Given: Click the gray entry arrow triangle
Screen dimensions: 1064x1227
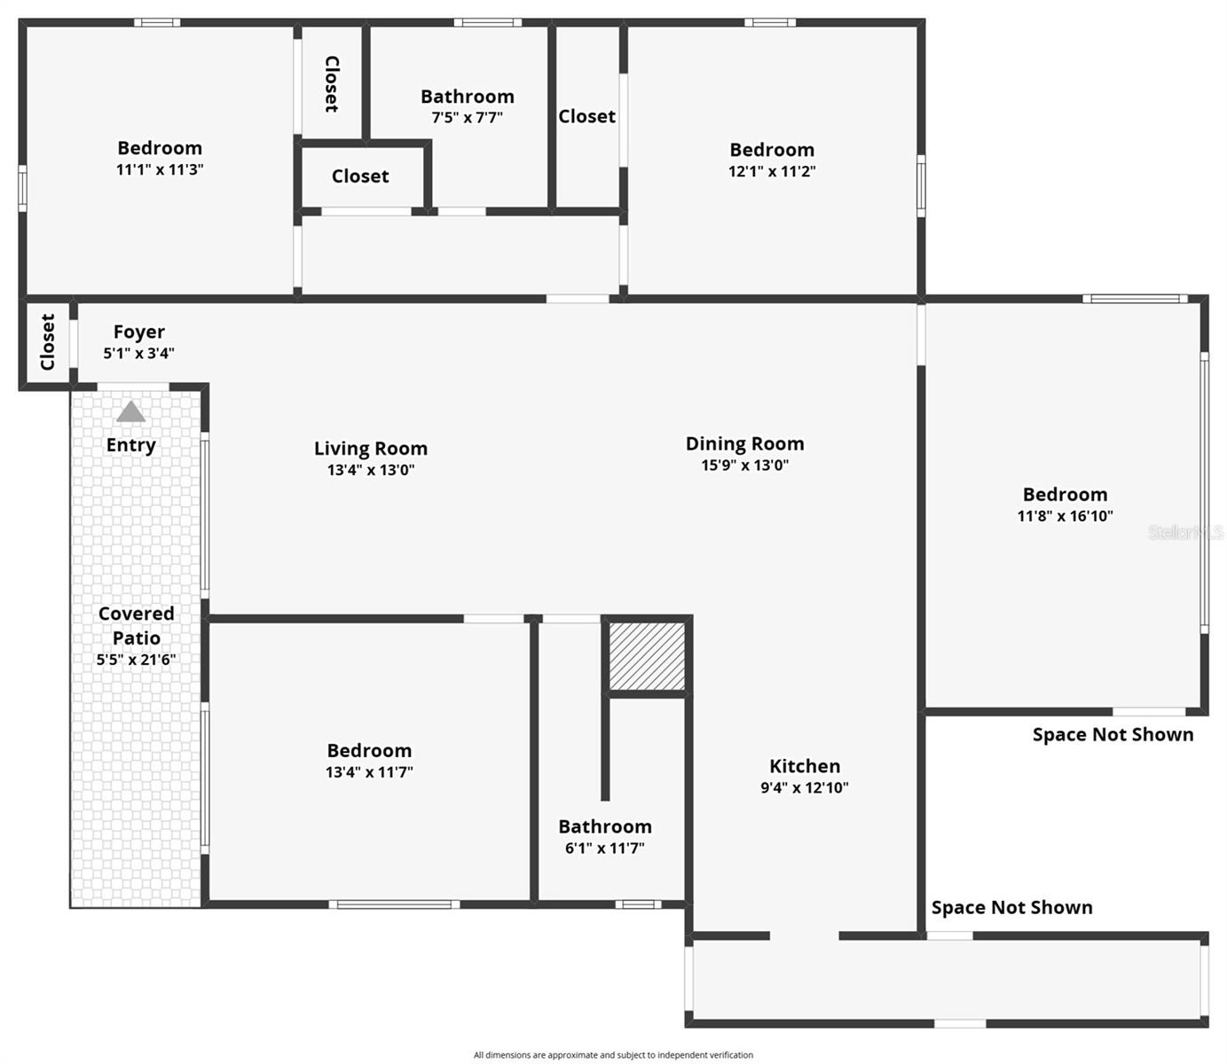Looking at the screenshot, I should (x=131, y=412).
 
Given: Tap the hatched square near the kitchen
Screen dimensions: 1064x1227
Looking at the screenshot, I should (x=647, y=655).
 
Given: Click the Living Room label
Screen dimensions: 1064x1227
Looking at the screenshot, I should (x=371, y=449).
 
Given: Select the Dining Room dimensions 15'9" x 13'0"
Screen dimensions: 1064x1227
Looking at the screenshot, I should (x=744, y=465).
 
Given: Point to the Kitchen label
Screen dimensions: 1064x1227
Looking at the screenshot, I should (x=804, y=766).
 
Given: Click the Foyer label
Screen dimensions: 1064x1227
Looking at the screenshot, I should (x=139, y=332).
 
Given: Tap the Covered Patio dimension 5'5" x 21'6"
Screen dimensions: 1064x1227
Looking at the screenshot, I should (x=136, y=660).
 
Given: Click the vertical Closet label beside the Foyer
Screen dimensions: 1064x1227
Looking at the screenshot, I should (x=48, y=342).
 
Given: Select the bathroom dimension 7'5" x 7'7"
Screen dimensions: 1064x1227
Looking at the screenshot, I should (x=467, y=118).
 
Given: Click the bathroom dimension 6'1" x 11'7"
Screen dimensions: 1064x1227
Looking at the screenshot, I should (x=604, y=849).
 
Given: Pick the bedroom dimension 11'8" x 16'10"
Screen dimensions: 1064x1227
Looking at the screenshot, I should (x=1065, y=516).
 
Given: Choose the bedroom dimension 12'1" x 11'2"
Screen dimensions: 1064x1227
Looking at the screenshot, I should (x=772, y=172).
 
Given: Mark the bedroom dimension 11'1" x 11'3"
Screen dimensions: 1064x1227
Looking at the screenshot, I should (x=160, y=169).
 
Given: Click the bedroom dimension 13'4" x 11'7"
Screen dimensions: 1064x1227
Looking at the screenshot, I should (x=369, y=772).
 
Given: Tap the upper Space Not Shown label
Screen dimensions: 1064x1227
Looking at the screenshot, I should (x=1113, y=734).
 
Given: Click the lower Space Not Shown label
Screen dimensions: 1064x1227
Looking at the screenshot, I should (x=1011, y=907).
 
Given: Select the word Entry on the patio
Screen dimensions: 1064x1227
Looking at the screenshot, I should (x=131, y=445).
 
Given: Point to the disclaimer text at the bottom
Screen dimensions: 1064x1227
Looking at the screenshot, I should (x=613, y=1055).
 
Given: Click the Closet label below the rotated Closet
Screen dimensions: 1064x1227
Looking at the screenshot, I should (x=360, y=176).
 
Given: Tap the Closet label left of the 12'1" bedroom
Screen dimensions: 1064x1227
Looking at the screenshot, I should (x=586, y=116).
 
